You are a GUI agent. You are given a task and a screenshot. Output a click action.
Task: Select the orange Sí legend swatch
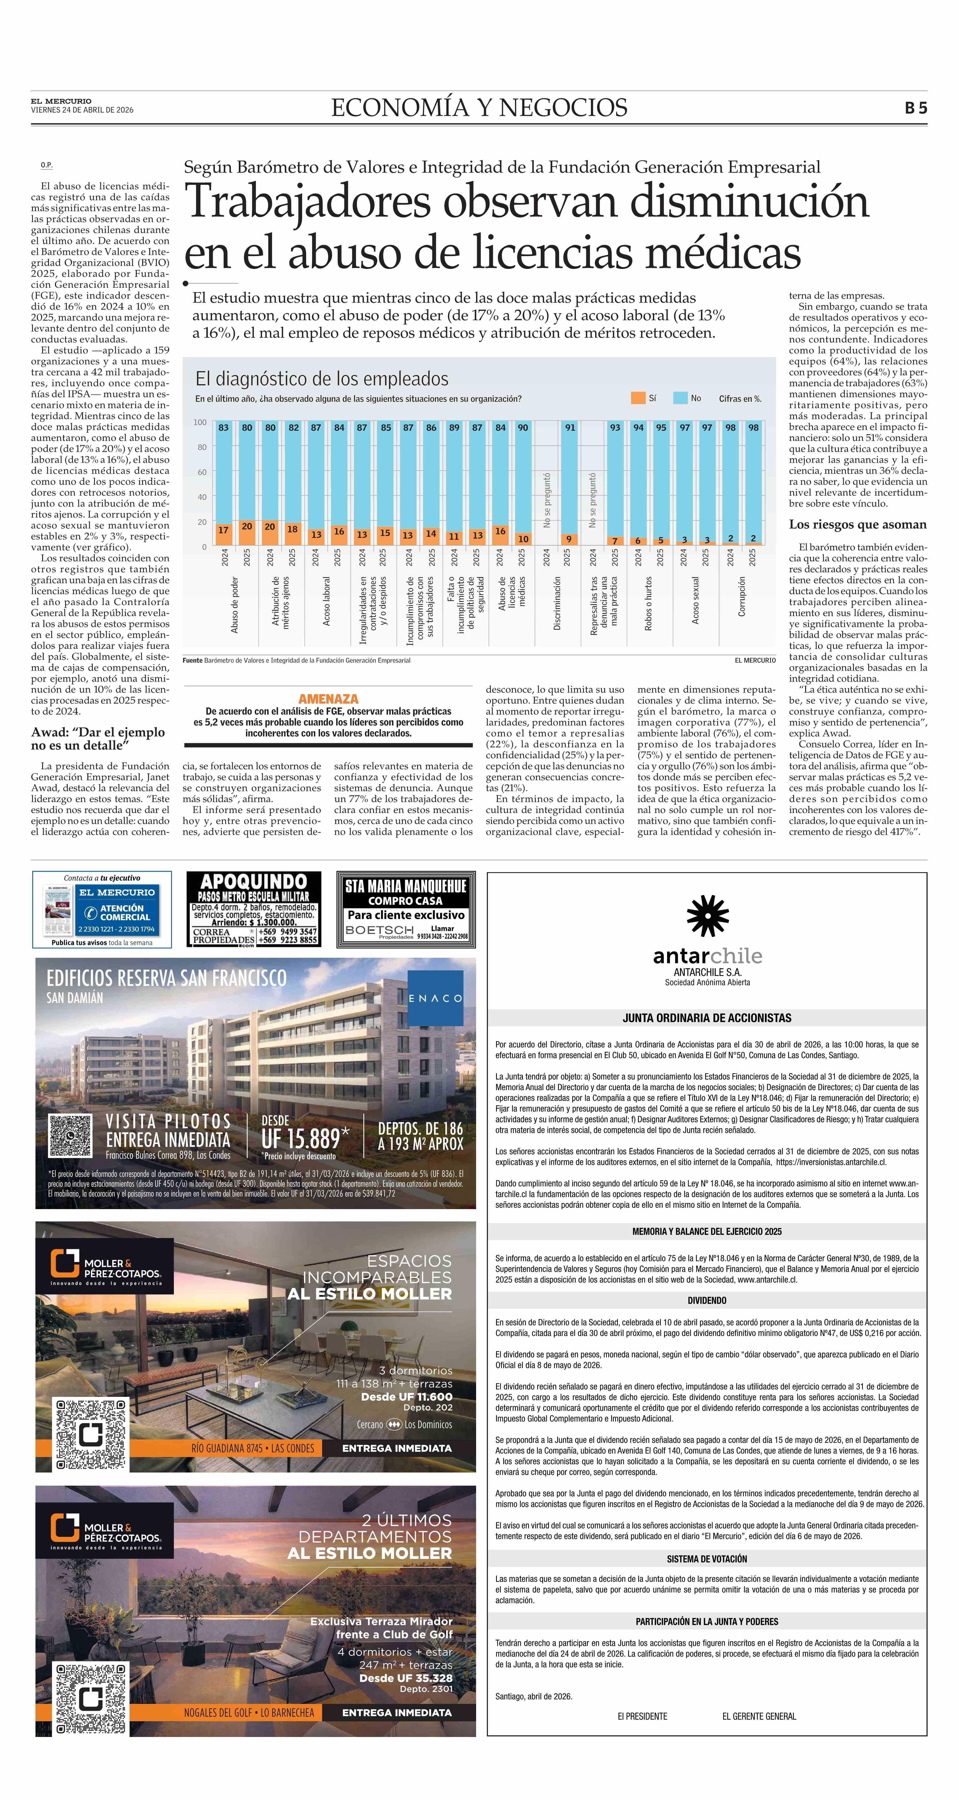pyautogui.click(x=637, y=398)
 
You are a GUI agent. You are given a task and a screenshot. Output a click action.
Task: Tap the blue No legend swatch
pyautogui.click(x=680, y=398)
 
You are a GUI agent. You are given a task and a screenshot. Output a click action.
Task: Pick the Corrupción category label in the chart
pyautogui.click(x=742, y=596)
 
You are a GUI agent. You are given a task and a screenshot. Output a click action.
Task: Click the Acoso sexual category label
pyautogui.click(x=695, y=600)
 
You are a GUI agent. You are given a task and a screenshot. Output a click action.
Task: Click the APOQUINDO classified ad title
pyautogui.click(x=254, y=882)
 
